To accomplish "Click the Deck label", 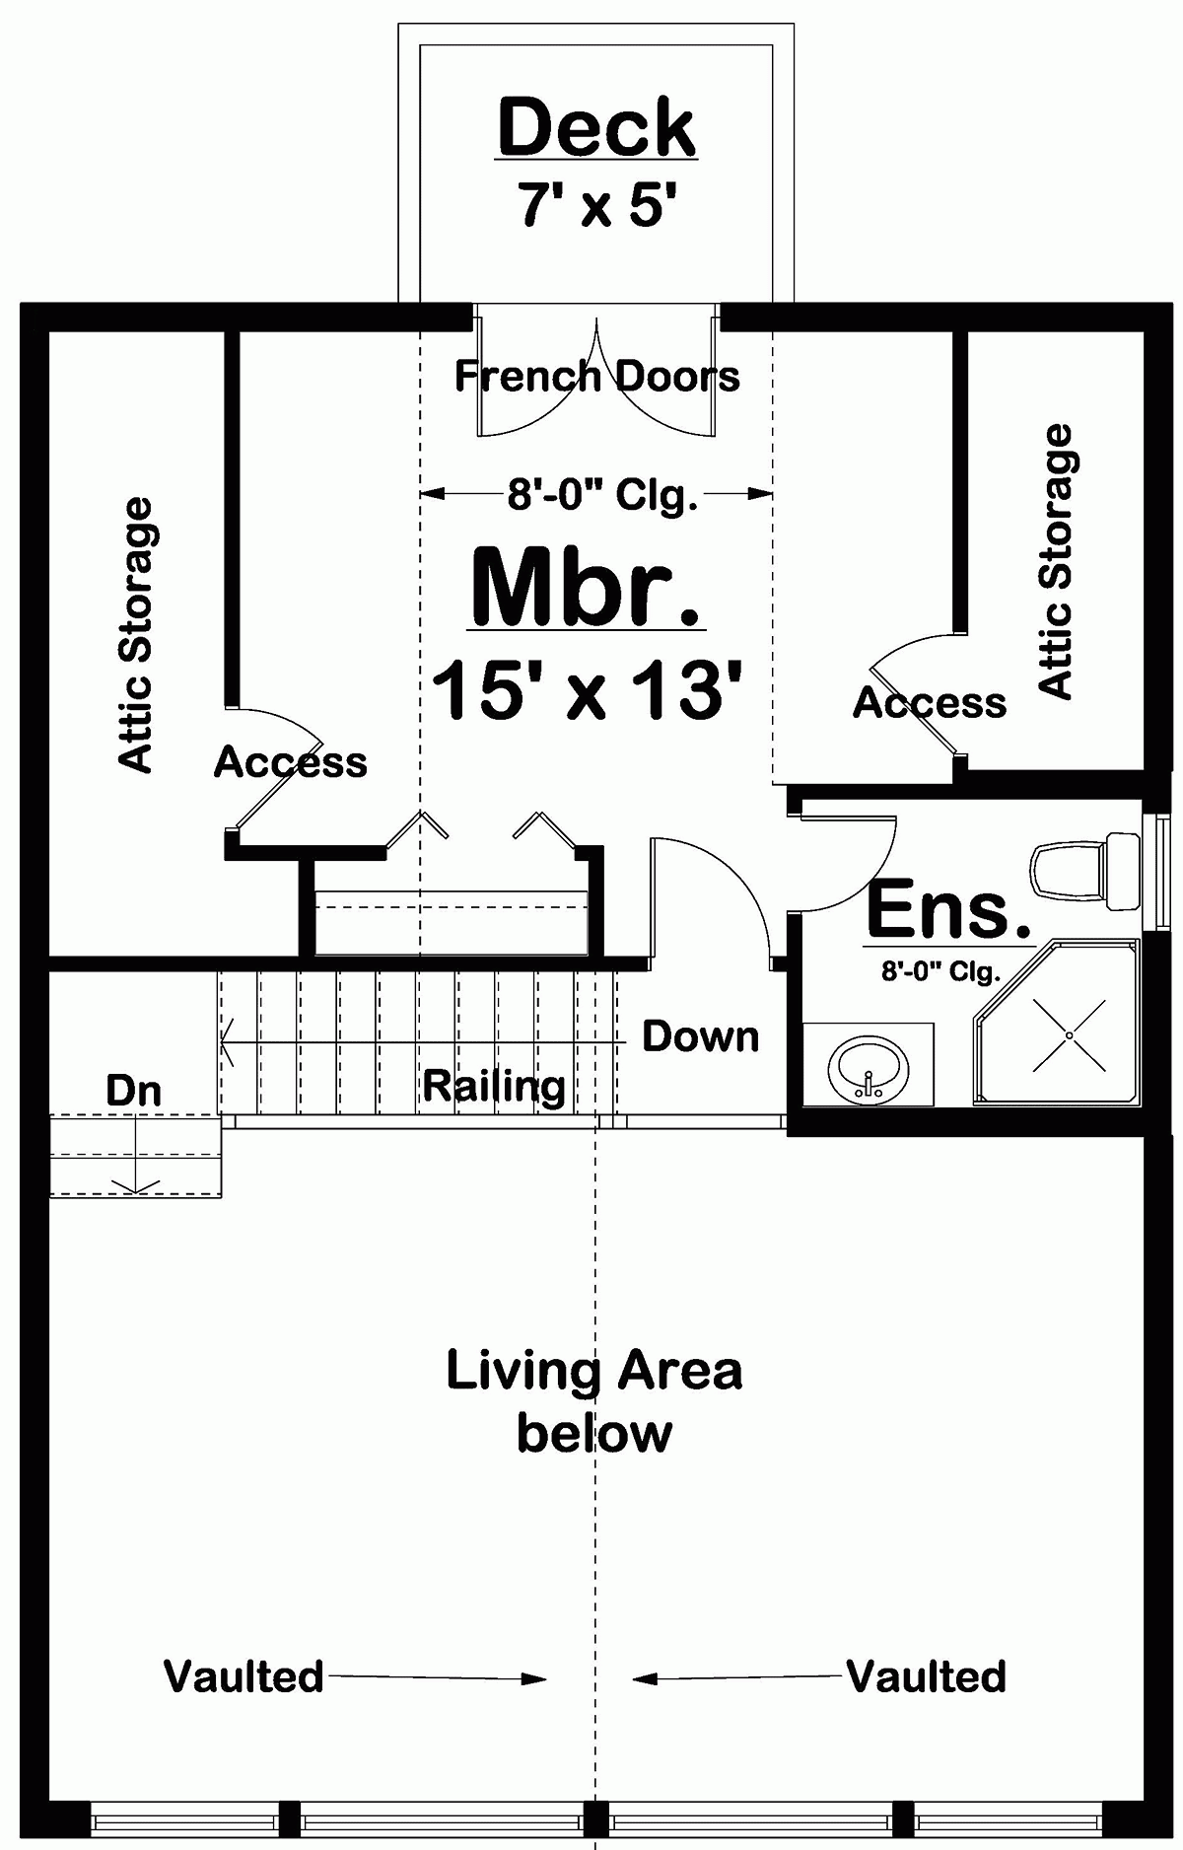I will coord(597,128).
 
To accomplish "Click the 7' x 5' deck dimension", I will coord(597,207).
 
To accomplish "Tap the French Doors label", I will coord(596,376).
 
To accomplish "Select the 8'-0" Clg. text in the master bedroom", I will coord(602,495).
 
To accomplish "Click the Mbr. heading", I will coord(587,588).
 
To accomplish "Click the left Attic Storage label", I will coord(136,634).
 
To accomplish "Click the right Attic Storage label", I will coord(1056,562).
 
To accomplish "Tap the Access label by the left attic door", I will coord(290,762).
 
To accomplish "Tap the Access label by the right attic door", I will coord(930,703).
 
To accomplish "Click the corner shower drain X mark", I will coord(1069,1034).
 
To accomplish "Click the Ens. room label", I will coord(948,910).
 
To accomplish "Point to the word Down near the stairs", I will coord(701,1036).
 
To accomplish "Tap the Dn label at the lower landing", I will coord(133,1091).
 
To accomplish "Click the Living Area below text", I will coord(594,1401).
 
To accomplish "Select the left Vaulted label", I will coord(244,1676).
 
